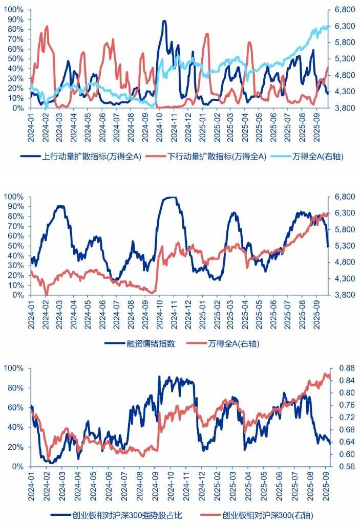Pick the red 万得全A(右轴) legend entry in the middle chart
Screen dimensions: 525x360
(233, 343)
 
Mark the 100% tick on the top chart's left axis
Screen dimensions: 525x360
(15, 10)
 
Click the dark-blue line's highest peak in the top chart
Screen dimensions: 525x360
(164, 21)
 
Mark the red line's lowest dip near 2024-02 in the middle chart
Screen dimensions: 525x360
(47, 295)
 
